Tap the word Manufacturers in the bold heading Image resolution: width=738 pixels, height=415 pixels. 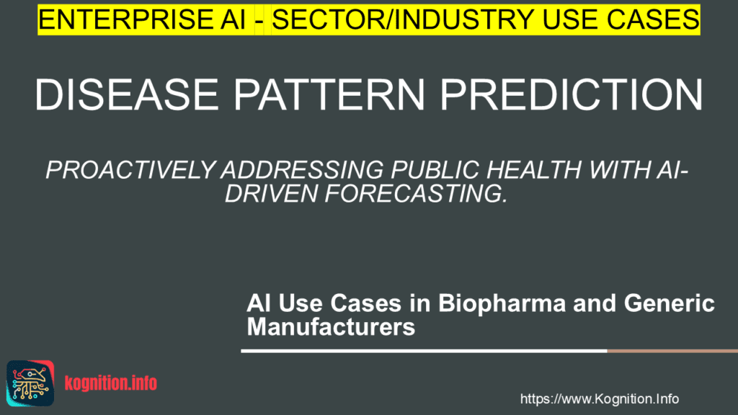pos(331,326)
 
